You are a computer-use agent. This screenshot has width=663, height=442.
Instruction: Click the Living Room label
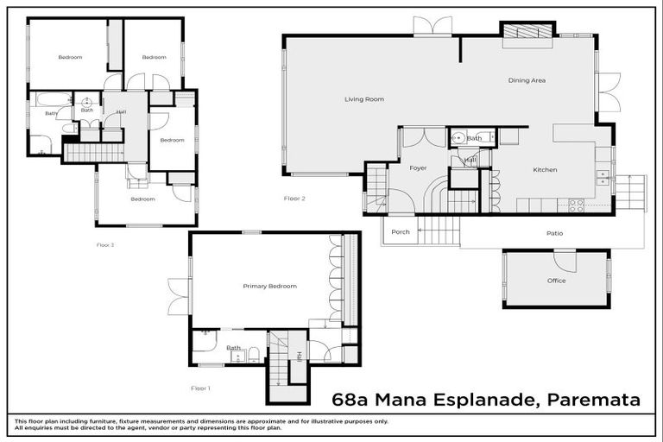pyautogui.click(x=363, y=99)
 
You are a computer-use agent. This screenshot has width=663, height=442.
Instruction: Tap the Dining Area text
pyautogui.click(x=526, y=80)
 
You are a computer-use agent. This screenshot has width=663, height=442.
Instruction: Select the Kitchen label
pyautogui.click(x=545, y=170)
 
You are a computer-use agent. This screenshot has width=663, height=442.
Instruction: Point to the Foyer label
pyautogui.click(x=419, y=168)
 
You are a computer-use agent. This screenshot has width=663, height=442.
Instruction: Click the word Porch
pyautogui.click(x=401, y=231)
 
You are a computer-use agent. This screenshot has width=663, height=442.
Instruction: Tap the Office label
pyautogui.click(x=556, y=281)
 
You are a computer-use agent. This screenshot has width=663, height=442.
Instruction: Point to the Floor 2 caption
pyautogui.click(x=295, y=199)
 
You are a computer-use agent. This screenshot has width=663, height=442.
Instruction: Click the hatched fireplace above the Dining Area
pyautogui.click(x=527, y=31)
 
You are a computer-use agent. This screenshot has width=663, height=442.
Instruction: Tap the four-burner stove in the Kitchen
pyautogui.click(x=576, y=205)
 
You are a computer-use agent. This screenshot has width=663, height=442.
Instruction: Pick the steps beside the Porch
pyautogui.click(x=440, y=230)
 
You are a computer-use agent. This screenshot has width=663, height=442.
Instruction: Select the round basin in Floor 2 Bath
pyautogui.click(x=458, y=137)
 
